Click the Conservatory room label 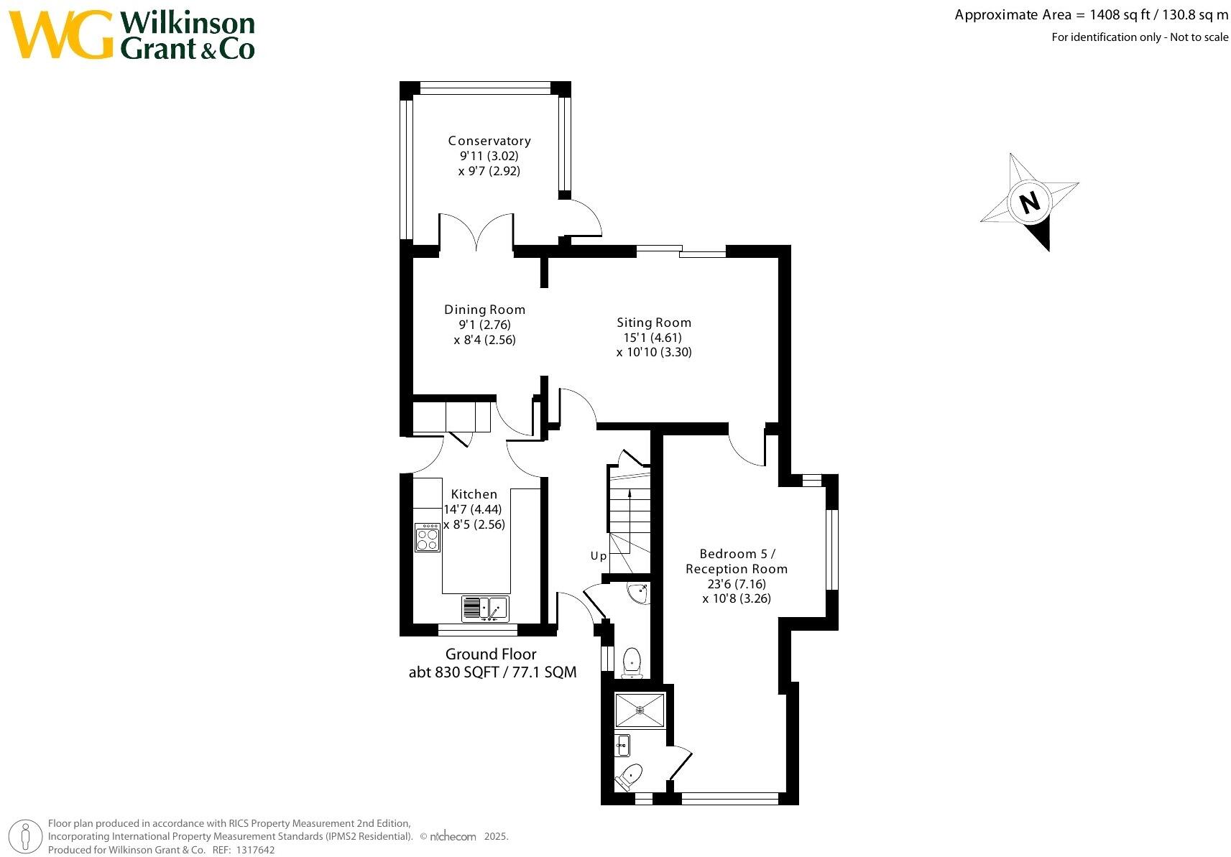coord(489,141)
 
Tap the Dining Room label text coord(484,310)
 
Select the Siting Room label coord(654,323)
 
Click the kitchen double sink coord(485,608)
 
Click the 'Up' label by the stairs coord(599,555)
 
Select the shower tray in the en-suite coord(640,710)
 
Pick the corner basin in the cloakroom coord(638,593)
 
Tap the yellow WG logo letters coord(61,34)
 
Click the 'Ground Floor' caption coord(491,654)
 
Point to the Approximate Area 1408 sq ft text coord(1091,15)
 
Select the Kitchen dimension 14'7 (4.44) coord(472,509)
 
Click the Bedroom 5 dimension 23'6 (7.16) coord(737,584)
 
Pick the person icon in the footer coord(27,837)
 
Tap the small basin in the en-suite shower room coord(622,746)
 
